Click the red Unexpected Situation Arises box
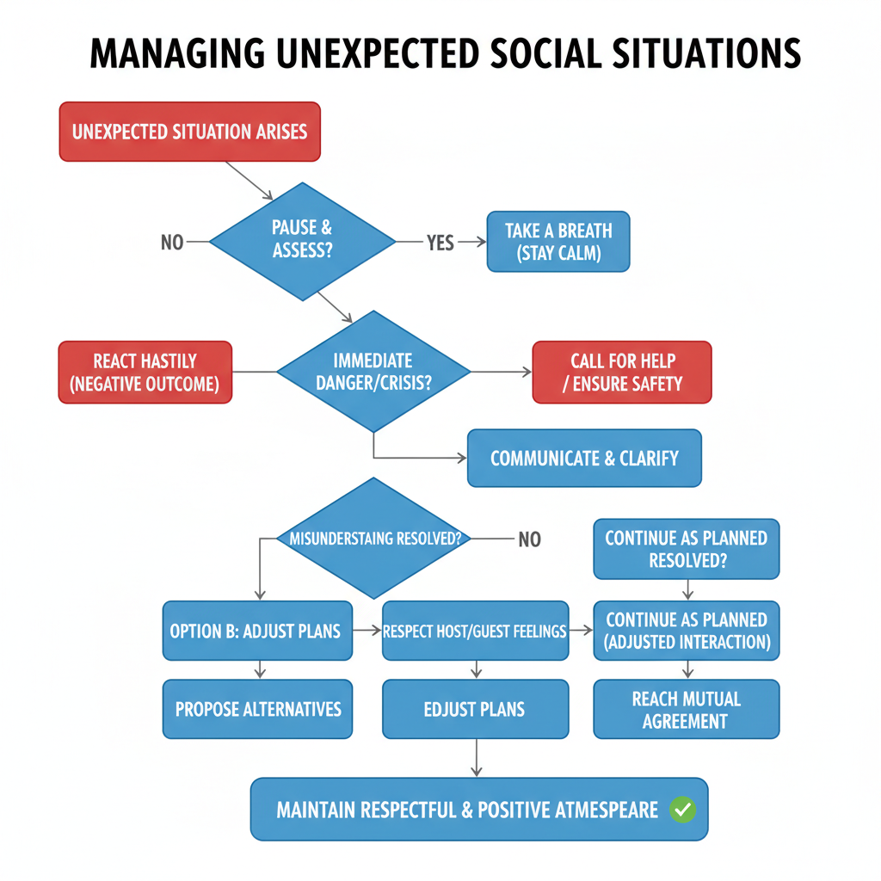(189, 132)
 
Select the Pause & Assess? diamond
(302, 241)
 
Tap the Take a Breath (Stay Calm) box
(558, 242)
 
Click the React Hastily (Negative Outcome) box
(145, 373)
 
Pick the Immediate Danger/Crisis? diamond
(373, 372)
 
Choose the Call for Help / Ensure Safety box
(622, 372)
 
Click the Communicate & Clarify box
(584, 458)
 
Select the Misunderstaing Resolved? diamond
(374, 539)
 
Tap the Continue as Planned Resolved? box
(686, 549)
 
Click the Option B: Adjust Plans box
(257, 631)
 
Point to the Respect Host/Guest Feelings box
(474, 631)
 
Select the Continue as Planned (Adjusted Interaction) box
(686, 631)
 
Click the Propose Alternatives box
(257, 709)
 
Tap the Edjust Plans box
(474, 709)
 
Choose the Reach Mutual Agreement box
(686, 709)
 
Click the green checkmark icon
(683, 809)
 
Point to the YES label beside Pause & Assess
(440, 243)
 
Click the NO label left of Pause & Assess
(172, 243)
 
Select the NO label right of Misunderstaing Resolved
(529, 539)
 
